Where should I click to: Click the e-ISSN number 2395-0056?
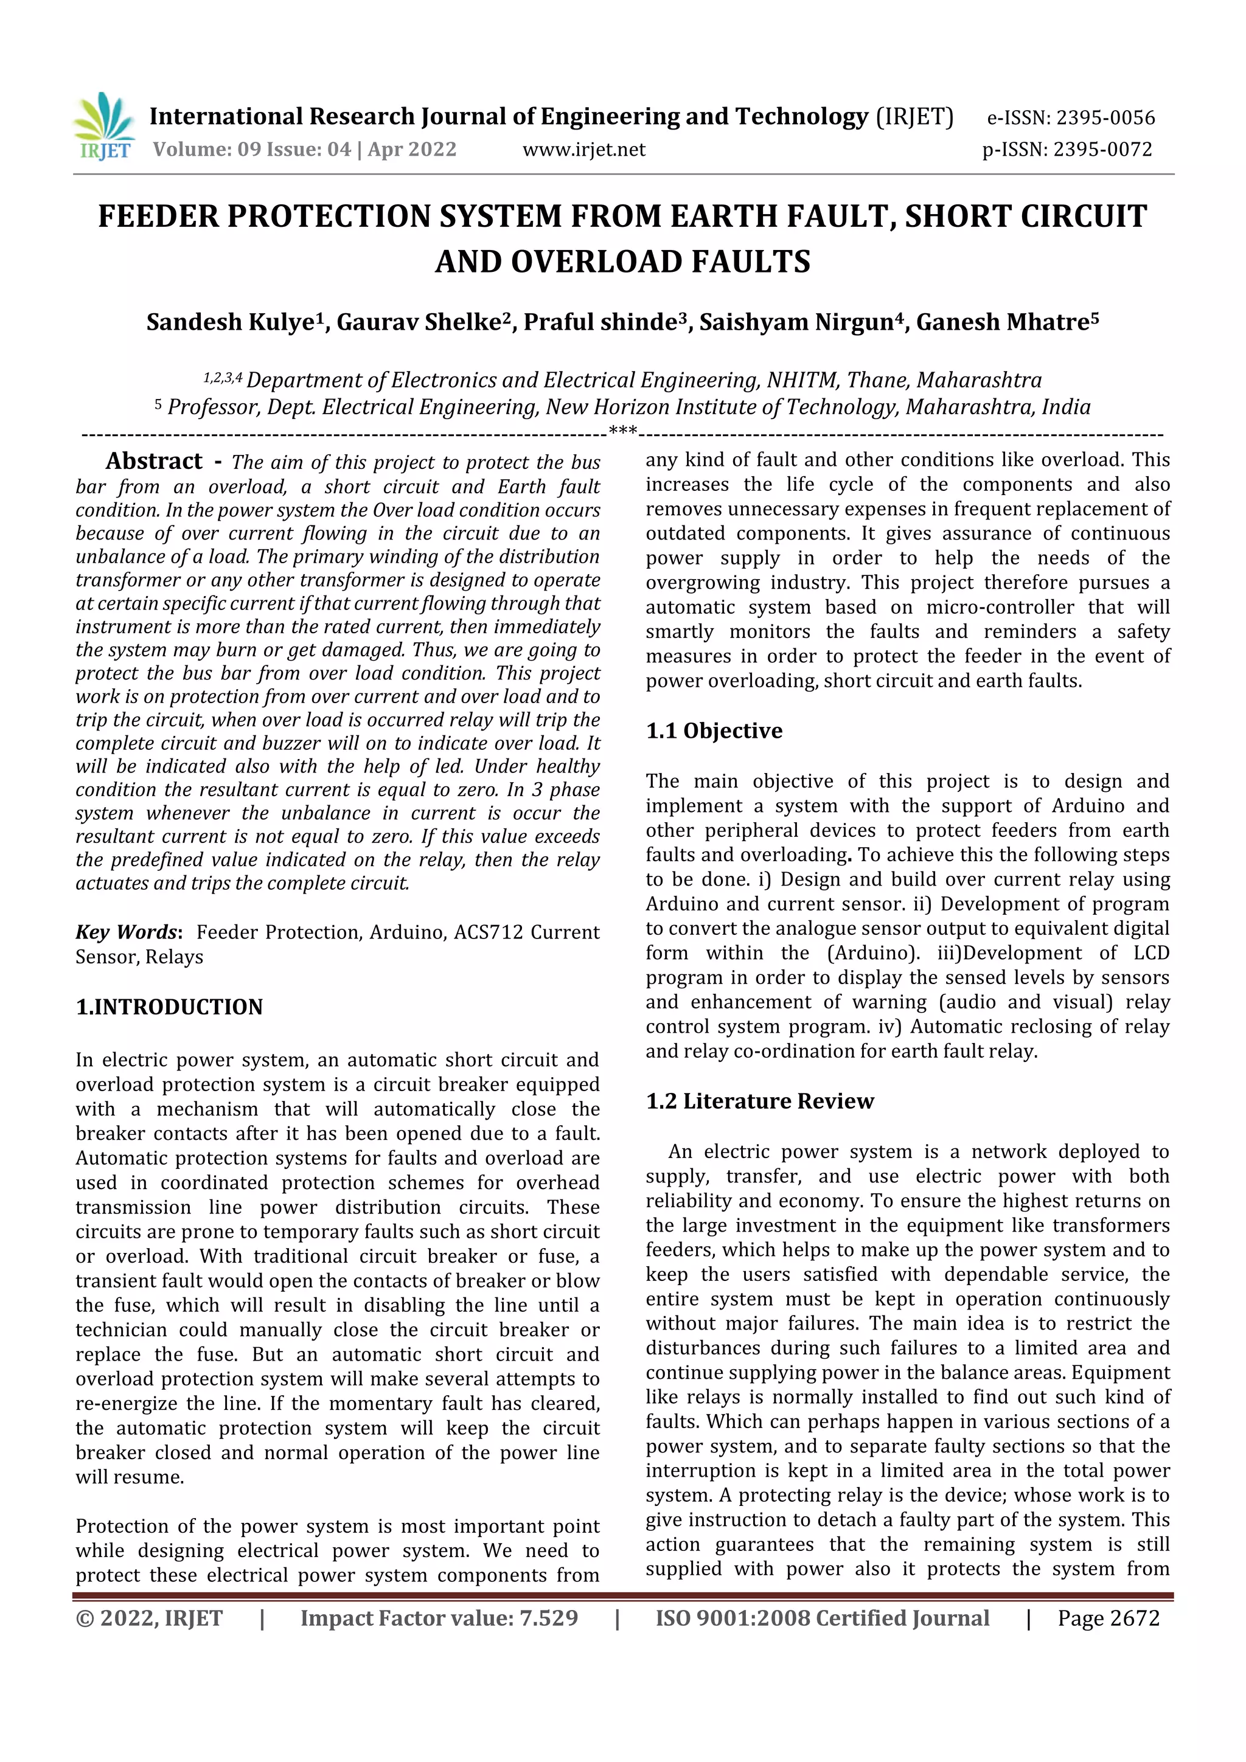click(x=1105, y=118)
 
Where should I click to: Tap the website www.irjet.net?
click(x=583, y=150)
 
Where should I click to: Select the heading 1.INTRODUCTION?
click(x=169, y=1007)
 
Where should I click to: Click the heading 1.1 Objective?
click(x=714, y=730)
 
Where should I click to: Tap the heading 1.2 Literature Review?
click(x=759, y=1101)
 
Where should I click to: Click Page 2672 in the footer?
click(x=1108, y=1618)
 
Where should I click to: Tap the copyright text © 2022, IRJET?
click(x=149, y=1618)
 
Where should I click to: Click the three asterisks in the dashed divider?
click(x=622, y=431)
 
